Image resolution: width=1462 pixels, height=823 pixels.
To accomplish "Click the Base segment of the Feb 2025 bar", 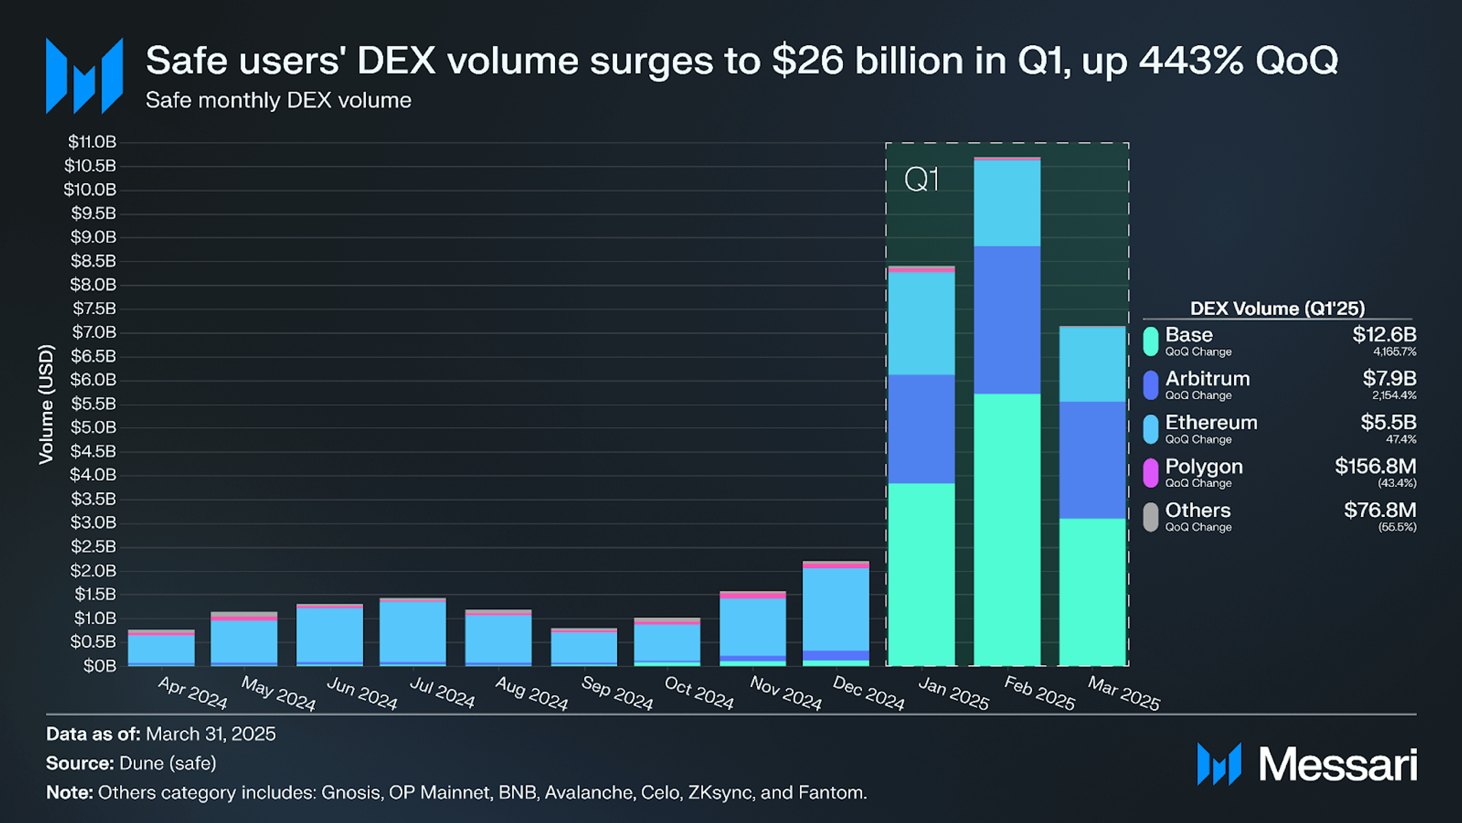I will [x=1007, y=529].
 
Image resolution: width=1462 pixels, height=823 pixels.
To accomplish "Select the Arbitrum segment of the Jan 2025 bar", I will [x=921, y=429].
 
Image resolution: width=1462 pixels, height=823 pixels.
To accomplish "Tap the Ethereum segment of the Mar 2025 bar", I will [x=1092, y=365].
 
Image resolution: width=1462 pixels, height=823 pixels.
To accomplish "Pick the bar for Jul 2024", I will [x=412, y=632].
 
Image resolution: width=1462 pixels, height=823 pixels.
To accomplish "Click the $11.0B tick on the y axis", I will [x=92, y=142].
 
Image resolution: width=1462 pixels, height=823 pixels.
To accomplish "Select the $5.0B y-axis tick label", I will [x=92, y=428].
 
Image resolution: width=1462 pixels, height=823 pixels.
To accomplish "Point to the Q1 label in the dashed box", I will [x=921, y=180].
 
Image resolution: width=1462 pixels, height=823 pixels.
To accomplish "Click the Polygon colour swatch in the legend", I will [x=1150, y=473].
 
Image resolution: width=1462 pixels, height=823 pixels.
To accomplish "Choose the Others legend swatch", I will [x=1150, y=517].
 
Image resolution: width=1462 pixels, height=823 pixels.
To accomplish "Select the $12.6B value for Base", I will [x=1384, y=335].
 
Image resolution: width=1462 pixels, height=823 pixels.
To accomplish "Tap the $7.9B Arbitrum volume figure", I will [x=1389, y=378].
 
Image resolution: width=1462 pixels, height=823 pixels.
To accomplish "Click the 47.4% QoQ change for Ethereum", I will [x=1401, y=439].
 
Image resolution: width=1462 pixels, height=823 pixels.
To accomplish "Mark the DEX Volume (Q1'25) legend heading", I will [x=1277, y=309].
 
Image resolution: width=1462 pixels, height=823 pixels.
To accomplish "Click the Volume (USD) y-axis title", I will [x=46, y=404].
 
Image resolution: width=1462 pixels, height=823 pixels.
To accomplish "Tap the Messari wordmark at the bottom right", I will [x=1338, y=764].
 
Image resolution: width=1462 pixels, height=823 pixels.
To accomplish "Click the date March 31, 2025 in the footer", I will [x=211, y=734].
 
